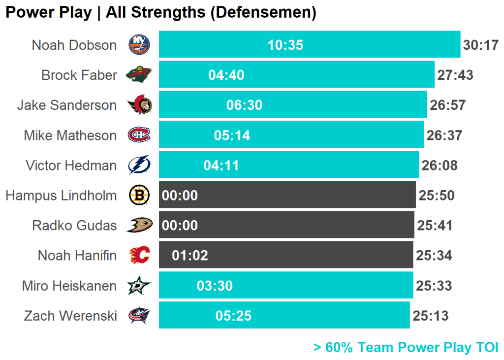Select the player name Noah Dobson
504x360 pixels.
[74, 45]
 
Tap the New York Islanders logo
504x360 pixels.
[139, 45]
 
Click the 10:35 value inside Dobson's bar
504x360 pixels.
[285, 45]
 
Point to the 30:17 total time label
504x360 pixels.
[481, 45]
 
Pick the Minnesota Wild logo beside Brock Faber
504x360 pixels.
[139, 75]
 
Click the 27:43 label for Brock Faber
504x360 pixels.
[455, 75]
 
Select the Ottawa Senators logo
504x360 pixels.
[140, 105]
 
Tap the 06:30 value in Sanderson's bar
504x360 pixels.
[244, 105]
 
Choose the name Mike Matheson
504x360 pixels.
[70, 135]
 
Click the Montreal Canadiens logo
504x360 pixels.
[139, 135]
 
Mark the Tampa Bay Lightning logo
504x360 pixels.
[139, 165]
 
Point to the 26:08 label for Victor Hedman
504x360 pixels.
[440, 165]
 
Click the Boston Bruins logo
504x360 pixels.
[139, 196]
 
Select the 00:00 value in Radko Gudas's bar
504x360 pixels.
[180, 226]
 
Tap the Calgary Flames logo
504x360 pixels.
[139, 256]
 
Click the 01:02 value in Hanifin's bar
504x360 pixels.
[190, 256]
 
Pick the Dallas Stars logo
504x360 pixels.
[139, 286]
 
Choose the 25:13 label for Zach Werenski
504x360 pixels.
[431, 316]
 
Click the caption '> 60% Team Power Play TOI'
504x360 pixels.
[406, 348]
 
